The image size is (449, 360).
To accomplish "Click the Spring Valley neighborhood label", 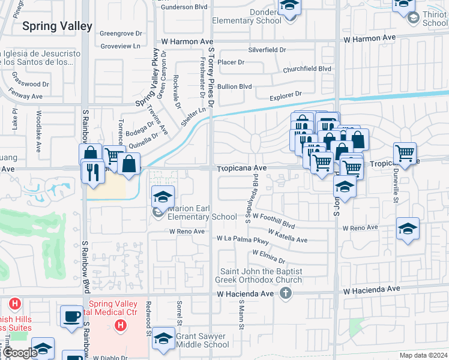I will click(x=57, y=26).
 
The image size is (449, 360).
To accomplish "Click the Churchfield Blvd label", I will click(x=307, y=68).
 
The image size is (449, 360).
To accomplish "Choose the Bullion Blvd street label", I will click(x=234, y=86).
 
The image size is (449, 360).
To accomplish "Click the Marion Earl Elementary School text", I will click(x=202, y=213).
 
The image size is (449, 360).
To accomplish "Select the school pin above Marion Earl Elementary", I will click(x=163, y=196).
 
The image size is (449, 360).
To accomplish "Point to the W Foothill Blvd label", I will click(x=273, y=220).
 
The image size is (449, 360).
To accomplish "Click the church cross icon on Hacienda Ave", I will click(x=286, y=293).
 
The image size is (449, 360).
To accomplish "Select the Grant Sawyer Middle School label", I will click(x=202, y=340).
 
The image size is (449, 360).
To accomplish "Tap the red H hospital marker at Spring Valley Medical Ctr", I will click(x=121, y=326).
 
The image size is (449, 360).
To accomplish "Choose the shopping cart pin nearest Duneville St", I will click(x=405, y=154).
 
